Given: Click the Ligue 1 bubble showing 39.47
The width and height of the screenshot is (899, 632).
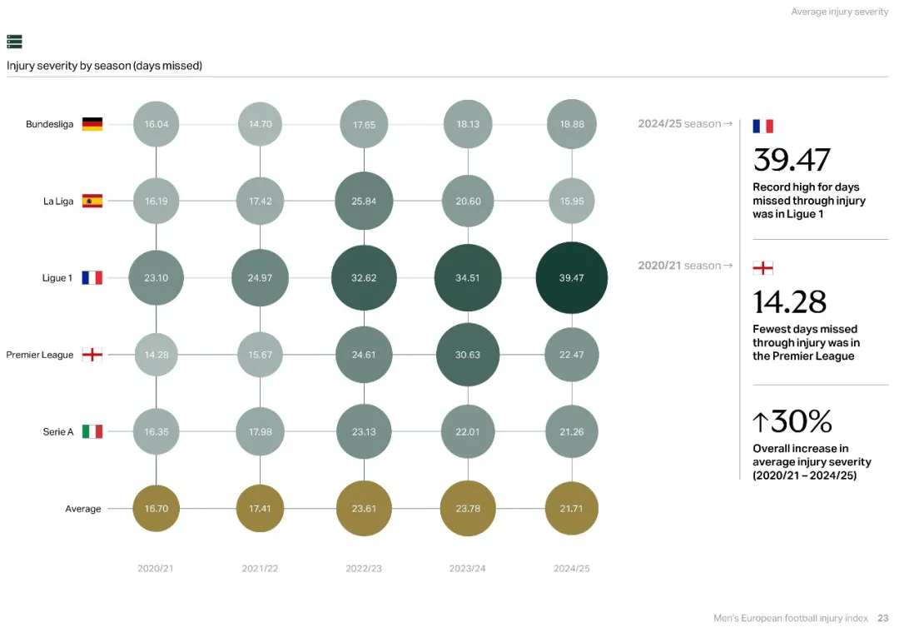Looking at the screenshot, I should coord(572,278).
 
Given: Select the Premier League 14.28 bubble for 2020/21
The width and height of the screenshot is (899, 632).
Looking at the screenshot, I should coord(156,355).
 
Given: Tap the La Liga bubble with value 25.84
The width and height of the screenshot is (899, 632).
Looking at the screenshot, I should coord(364,201).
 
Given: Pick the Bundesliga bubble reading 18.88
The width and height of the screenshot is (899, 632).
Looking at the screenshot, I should coord(572,124).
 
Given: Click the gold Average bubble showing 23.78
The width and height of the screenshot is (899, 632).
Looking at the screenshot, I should coord(468,509).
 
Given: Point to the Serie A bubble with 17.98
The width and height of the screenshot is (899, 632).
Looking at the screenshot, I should coord(260,431).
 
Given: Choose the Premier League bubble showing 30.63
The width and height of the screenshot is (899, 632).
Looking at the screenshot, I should coord(468,355).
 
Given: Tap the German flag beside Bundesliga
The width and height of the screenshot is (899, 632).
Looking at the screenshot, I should coord(92,124).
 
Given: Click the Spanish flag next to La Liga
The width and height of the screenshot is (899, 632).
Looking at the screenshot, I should coord(92,201).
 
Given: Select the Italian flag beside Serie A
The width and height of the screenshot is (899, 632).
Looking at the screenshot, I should coord(92,431).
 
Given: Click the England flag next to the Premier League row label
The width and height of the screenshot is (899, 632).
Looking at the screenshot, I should coord(92,355).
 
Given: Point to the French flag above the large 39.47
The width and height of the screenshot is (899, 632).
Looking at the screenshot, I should coord(762,126).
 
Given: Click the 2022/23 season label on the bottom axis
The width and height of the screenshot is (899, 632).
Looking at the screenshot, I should coord(364,569).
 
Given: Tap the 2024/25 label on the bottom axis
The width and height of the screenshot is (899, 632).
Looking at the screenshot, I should coord(572,569).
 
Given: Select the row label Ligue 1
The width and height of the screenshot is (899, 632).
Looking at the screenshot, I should coord(57,278).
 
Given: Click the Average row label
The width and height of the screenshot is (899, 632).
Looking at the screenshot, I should coord(83,509).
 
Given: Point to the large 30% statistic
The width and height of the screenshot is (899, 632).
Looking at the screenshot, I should coord(792,422).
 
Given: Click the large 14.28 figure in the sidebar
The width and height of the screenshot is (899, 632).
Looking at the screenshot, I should coord(790,301).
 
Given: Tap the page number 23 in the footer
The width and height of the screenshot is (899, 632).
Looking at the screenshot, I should coord(883,618).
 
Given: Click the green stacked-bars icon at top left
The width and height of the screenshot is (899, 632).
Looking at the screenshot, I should coord(14,42).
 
